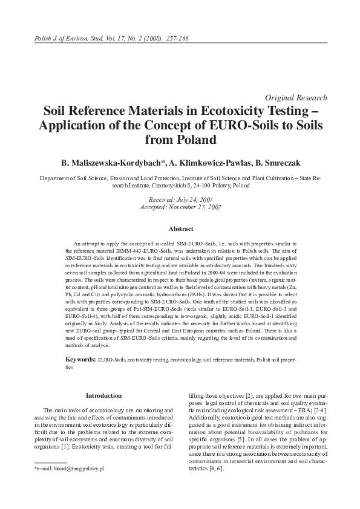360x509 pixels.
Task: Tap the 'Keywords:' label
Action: point(80,360)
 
